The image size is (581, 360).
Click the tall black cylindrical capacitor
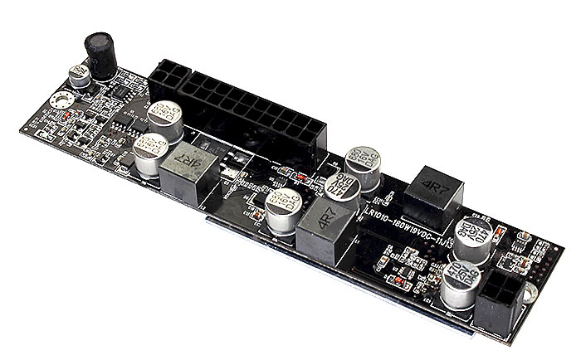click(x=102, y=56)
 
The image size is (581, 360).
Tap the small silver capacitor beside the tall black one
click(x=80, y=75)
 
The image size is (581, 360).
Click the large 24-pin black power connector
click(x=248, y=109)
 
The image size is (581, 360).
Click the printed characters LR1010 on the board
click(x=383, y=215)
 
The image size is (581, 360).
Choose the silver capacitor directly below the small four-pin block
click(x=166, y=119)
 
